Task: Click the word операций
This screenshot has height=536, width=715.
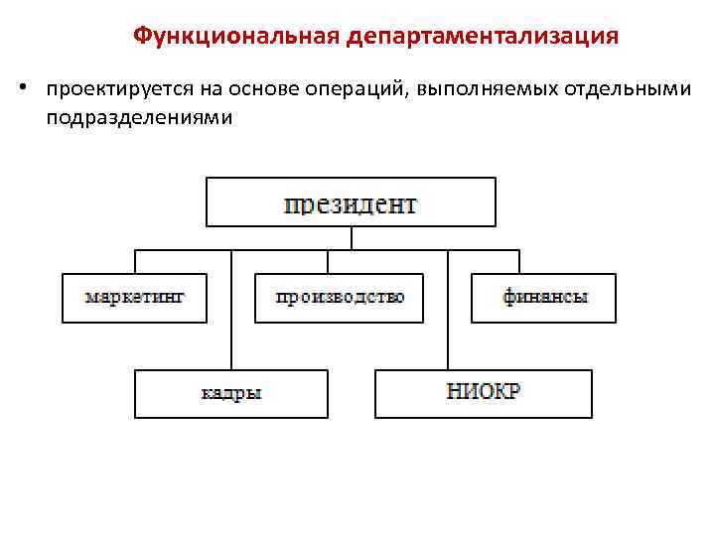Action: (x=355, y=90)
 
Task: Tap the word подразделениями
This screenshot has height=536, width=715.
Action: (x=137, y=118)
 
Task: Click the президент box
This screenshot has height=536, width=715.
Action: (x=351, y=202)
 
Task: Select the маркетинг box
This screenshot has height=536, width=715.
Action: (x=135, y=298)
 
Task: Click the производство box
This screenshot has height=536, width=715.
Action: (x=339, y=298)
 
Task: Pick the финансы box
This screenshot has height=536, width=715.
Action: (x=544, y=298)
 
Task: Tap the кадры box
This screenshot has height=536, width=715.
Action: (x=231, y=393)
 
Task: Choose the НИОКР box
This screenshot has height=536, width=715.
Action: (x=484, y=393)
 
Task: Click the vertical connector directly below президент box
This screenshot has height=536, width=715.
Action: (x=351, y=238)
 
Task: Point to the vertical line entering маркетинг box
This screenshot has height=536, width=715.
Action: (x=135, y=262)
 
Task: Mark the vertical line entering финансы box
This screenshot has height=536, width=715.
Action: (x=519, y=262)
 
